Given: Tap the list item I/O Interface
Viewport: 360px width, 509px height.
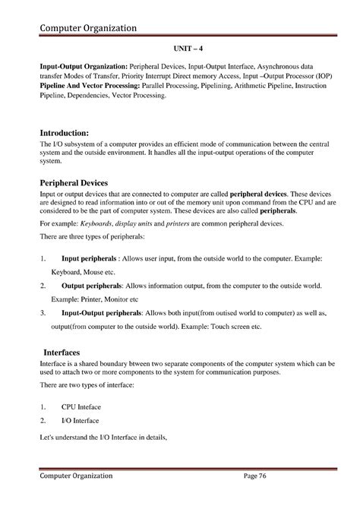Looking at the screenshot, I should tap(80, 420).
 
